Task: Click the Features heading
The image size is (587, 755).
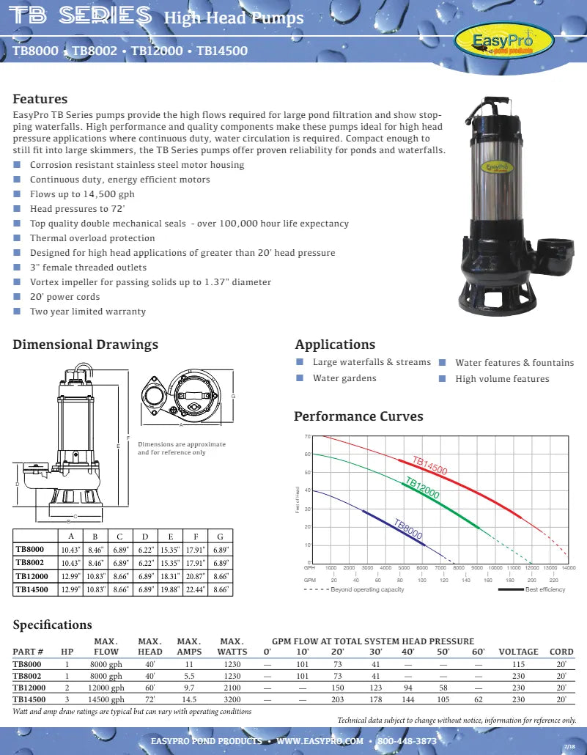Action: click(40, 99)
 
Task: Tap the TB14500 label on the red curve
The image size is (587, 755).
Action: click(429, 465)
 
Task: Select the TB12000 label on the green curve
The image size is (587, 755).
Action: click(422, 488)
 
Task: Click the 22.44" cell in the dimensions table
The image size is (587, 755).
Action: click(195, 589)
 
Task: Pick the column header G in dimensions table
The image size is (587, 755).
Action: click(218, 535)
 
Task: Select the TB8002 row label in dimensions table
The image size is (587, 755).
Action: click(31, 562)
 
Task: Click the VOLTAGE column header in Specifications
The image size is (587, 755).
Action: click(518, 651)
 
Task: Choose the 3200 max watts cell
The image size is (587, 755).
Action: click(232, 699)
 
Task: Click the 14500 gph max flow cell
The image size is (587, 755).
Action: click(106, 699)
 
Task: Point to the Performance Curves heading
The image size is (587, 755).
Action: click(358, 416)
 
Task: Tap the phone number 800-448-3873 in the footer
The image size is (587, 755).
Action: click(407, 741)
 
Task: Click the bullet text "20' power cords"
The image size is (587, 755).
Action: click(64, 297)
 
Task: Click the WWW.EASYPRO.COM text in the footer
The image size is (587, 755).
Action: click(320, 741)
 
